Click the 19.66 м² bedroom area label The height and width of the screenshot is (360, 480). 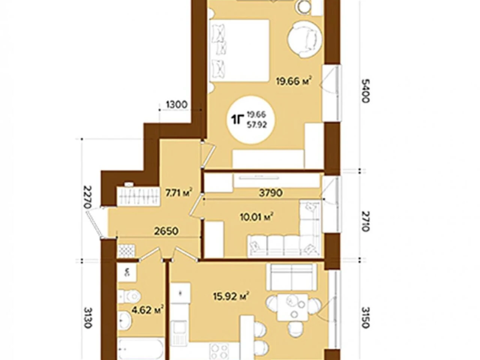[x=293, y=81]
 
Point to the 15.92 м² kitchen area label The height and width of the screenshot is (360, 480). [x=231, y=296]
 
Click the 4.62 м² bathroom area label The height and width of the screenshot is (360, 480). [x=148, y=310]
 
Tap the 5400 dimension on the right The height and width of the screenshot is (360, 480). [x=365, y=90]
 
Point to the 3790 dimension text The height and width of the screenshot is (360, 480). [x=271, y=193]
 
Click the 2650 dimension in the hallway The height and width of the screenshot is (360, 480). [x=166, y=231]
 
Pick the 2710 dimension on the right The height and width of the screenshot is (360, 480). [x=365, y=221]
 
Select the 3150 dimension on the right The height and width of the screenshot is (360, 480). [x=365, y=317]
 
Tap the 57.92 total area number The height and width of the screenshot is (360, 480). [x=257, y=125]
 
